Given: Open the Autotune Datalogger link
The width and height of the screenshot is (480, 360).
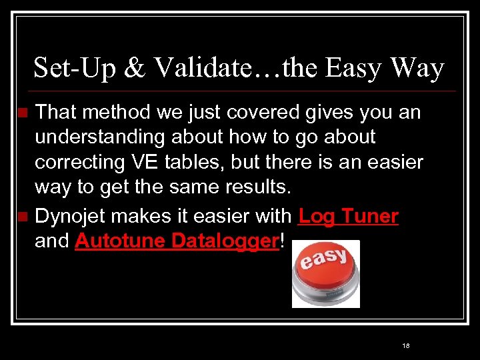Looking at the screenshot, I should pos(176,241).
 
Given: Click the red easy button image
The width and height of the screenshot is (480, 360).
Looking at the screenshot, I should pos(326,274).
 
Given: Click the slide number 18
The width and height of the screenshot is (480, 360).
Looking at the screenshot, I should pos(406,346).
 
